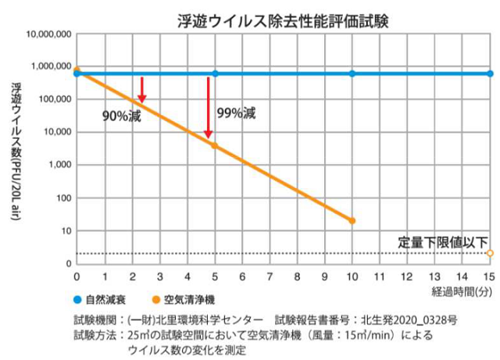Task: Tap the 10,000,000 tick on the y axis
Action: [x=48, y=34]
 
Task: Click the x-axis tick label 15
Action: [x=490, y=276]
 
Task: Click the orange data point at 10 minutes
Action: [x=352, y=221]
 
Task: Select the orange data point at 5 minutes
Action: [x=214, y=146]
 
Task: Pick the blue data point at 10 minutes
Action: [x=352, y=73]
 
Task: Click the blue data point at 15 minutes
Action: [x=490, y=73]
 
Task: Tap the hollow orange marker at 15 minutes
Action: [x=490, y=253]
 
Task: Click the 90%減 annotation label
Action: [x=122, y=116]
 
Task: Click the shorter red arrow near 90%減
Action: [x=142, y=90]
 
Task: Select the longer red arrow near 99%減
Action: [x=209, y=109]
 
